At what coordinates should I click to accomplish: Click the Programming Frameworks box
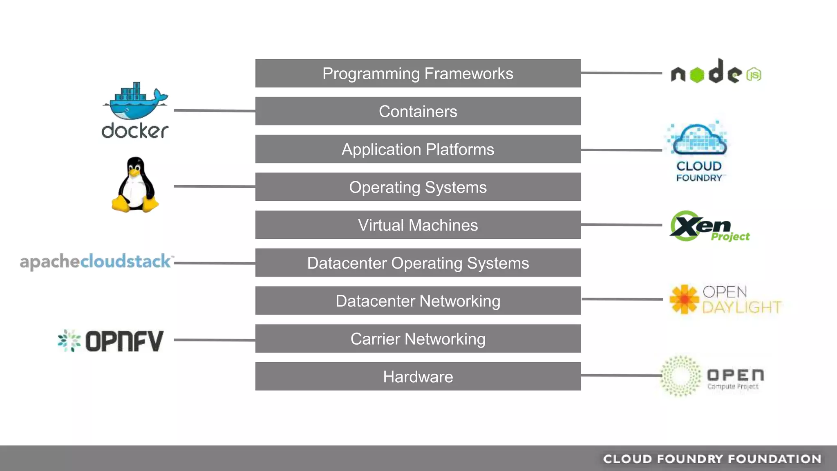[x=418, y=74]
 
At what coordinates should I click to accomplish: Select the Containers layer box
[x=418, y=111]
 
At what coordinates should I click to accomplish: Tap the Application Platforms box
[x=418, y=149]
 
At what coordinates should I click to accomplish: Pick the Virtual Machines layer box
[x=418, y=225]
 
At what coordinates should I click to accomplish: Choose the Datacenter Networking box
[x=418, y=301]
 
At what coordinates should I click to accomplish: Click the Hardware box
[x=418, y=377]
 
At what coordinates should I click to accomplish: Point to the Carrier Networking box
[x=418, y=339]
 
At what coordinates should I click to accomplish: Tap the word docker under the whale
[x=135, y=131]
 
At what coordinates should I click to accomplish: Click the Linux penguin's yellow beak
[x=135, y=172]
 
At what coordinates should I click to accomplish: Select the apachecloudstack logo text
[x=96, y=262]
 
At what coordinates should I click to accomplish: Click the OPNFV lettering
[x=124, y=341]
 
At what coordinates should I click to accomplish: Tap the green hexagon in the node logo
[x=697, y=75]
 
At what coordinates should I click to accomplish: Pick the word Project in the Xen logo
[x=730, y=237]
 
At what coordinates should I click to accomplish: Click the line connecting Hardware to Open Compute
[x=621, y=375]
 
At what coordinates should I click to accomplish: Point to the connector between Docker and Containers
[x=215, y=110]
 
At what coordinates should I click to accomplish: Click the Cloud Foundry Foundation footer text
[x=712, y=459]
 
